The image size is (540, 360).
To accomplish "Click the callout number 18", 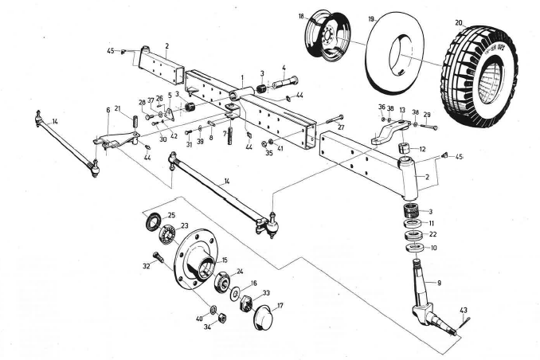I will click(302, 16).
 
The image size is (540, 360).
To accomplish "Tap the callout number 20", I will click(458, 22).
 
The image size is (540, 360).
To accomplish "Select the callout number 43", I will click(464, 309).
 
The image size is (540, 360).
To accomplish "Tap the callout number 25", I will click(170, 216).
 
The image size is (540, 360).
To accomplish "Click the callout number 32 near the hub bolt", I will click(146, 265).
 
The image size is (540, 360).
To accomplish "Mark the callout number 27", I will click(340, 127).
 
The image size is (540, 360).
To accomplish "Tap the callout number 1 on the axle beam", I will click(241, 80).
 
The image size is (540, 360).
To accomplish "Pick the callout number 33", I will click(266, 293).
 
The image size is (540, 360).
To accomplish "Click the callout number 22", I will click(432, 234).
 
